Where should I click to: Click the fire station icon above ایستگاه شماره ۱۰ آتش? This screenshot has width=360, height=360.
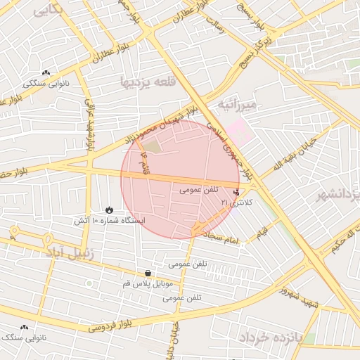point(109,210)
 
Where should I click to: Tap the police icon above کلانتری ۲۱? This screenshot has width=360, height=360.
point(236,191)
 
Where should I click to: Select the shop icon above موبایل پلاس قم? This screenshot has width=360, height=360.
point(148,273)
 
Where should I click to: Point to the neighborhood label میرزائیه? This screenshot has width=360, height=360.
point(238,105)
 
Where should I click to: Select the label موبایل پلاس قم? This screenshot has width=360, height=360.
point(148,283)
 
